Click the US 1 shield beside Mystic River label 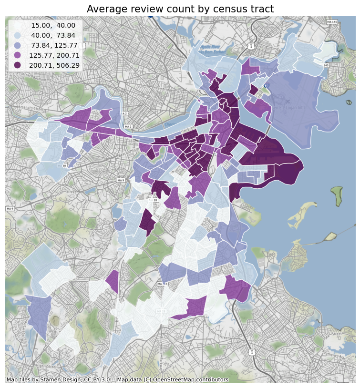tap(250, 46)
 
